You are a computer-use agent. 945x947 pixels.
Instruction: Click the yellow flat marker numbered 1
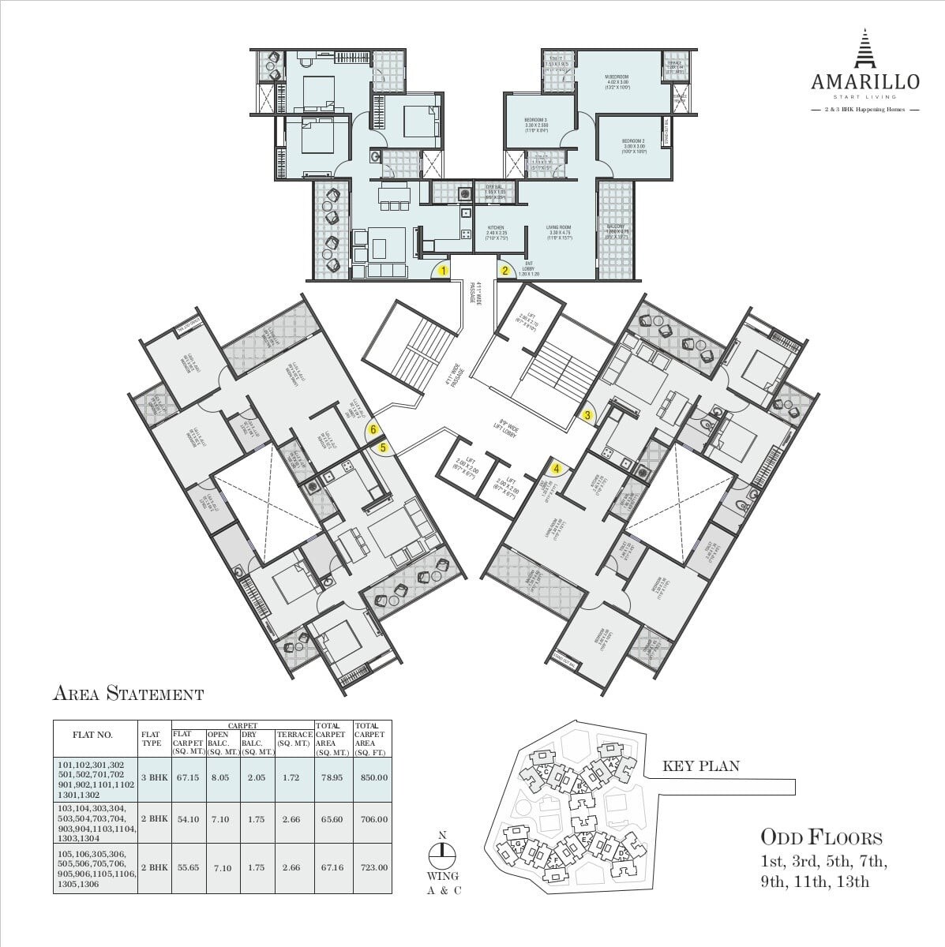[444, 271]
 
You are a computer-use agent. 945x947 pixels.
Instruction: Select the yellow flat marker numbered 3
[587, 414]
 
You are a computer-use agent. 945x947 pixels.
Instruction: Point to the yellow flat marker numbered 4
[557, 467]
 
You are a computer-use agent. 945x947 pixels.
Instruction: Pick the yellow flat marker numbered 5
[384, 447]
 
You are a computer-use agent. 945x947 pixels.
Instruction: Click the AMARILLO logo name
[864, 80]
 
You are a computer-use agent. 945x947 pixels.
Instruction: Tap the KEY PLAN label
[701, 765]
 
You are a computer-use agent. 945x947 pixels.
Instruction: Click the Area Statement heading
[128, 694]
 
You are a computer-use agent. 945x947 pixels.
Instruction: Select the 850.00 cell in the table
[372, 777]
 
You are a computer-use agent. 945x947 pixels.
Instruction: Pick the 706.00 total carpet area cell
[372, 819]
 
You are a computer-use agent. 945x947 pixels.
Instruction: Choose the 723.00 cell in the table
[372, 867]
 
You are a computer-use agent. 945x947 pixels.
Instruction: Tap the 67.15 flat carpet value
[188, 777]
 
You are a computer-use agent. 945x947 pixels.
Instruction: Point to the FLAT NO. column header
[92, 735]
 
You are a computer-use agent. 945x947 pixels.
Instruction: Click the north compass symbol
[442, 852]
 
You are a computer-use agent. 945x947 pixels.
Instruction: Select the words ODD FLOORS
[821, 837]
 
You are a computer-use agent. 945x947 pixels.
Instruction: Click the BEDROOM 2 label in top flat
[634, 143]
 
